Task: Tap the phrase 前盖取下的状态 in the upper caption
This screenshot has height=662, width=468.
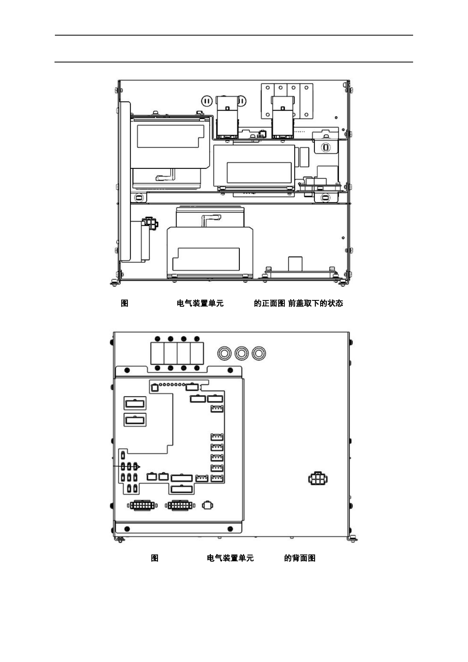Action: [x=316, y=303]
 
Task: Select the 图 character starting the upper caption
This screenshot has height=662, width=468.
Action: [x=125, y=303]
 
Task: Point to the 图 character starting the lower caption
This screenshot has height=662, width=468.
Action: [x=155, y=558]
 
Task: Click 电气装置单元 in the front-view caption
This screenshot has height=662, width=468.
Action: [x=200, y=303]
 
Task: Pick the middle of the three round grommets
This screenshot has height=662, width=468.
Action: [x=242, y=353]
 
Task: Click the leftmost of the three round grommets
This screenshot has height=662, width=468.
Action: [x=224, y=353]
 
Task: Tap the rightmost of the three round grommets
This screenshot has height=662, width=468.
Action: [x=259, y=353]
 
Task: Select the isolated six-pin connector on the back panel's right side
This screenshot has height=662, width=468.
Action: [x=318, y=479]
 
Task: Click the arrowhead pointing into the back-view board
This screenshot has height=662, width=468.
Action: [x=138, y=467]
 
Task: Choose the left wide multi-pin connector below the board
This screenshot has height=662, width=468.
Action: [x=142, y=505]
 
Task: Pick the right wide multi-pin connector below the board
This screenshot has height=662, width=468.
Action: [x=180, y=505]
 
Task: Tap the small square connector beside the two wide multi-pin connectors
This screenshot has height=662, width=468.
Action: [x=208, y=505]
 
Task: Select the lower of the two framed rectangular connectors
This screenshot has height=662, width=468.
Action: [x=135, y=420]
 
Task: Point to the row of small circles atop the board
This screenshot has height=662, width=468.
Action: [x=172, y=385]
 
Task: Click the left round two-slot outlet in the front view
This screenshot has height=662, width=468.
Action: [x=207, y=101]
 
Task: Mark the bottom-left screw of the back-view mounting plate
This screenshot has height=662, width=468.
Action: [x=127, y=529]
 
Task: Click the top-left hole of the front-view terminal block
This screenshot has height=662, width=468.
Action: [x=267, y=88]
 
